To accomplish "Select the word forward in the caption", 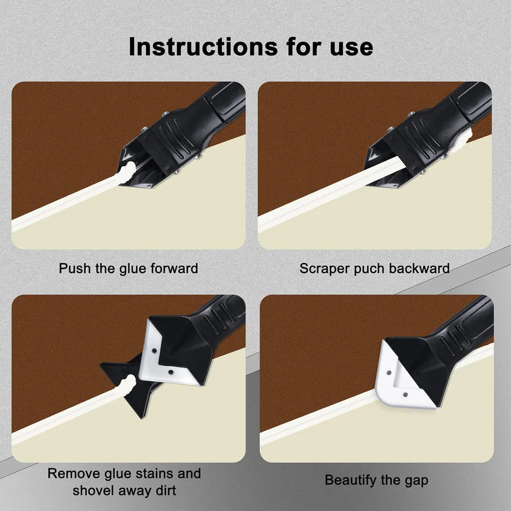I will tap(173, 268).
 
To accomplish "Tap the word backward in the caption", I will tap(419, 268).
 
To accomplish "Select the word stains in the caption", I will tap(157, 473).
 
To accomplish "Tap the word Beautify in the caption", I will tap(350, 480).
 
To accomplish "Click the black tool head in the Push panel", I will tap(165, 142).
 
